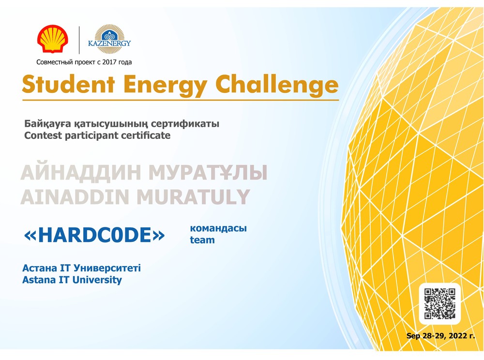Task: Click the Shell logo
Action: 53,39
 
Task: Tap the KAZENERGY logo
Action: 109,39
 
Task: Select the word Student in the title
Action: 68,84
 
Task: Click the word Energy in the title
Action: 165,86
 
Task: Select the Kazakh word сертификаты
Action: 185,123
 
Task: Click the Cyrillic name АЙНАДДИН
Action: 81,173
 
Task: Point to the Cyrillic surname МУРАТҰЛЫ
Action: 208,173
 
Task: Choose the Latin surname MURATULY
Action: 193,197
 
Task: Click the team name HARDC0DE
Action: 94,235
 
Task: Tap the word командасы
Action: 218,228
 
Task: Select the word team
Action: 202,240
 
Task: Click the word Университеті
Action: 107,268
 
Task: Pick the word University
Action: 97,280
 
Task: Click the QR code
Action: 439,303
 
